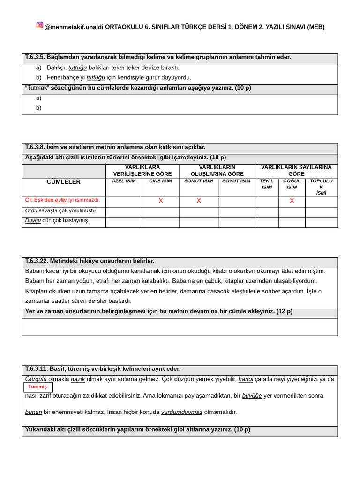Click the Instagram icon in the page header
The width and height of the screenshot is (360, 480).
click(40, 25)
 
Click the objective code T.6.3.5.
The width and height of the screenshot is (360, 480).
click(35, 57)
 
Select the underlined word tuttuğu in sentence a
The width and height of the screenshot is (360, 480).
click(77, 67)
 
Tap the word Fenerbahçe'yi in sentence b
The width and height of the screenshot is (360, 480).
click(66, 77)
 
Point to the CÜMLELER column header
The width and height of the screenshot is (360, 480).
click(64, 182)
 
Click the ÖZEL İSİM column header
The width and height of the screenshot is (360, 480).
click(124, 181)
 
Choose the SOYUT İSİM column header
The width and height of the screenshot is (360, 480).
click(236, 181)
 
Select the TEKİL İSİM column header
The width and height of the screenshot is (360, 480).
click(267, 184)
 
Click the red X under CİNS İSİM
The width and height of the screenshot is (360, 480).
click(161, 201)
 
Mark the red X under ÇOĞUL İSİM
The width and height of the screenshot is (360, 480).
click(292, 201)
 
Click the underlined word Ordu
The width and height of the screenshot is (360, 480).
click(31, 210)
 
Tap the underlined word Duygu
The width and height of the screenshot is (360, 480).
click(33, 220)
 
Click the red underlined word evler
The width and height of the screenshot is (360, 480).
click(61, 200)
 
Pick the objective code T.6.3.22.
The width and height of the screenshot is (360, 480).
click(37, 261)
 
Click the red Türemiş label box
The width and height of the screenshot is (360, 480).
click(38, 387)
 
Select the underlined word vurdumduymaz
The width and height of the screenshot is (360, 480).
click(182, 412)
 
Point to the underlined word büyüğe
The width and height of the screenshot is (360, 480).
click(252, 396)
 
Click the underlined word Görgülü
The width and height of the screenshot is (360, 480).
click(36, 379)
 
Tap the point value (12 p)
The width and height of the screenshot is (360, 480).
click(285, 311)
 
